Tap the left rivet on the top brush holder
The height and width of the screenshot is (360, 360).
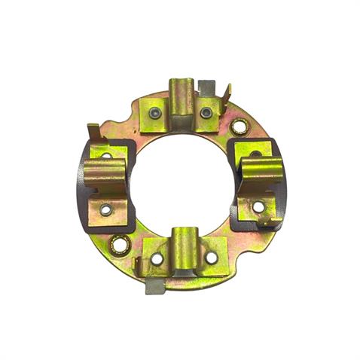155,114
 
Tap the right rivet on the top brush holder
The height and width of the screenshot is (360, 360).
206,113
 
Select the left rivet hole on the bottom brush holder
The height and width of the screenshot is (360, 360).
157,258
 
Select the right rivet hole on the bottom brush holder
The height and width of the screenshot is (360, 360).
212,258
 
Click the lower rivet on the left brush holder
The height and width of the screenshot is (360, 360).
106,209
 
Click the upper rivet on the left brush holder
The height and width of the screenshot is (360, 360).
106,157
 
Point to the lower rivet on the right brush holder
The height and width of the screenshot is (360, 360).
258,206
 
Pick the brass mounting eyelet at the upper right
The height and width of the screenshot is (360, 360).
239,127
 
